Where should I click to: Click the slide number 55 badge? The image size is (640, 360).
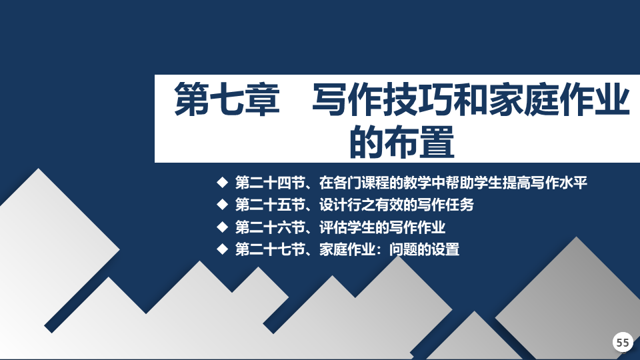click(x=623, y=342)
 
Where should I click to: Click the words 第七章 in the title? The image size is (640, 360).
click(x=227, y=99)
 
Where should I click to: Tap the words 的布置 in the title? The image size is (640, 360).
click(x=402, y=141)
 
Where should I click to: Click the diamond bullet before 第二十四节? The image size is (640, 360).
click(x=223, y=182)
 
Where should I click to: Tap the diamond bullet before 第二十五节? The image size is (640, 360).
click(x=223, y=204)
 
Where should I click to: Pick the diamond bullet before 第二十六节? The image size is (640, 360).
click(x=223, y=227)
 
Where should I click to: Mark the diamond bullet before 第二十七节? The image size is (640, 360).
click(x=223, y=249)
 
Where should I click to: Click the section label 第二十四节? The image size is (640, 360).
click(x=270, y=183)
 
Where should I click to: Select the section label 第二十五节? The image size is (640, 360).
click(x=270, y=205)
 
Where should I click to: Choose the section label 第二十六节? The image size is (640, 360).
click(x=270, y=227)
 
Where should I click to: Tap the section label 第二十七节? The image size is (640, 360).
click(x=270, y=249)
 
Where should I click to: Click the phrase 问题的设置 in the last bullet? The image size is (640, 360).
click(x=425, y=249)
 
